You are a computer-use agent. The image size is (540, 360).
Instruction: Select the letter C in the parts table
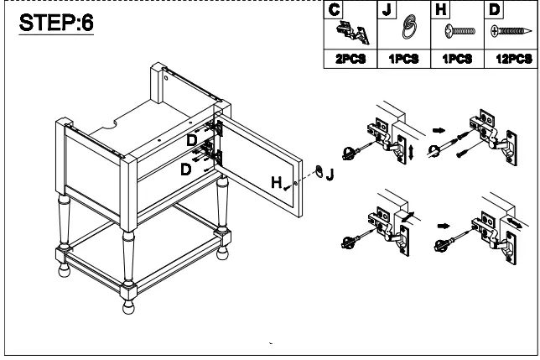(x=335, y=10)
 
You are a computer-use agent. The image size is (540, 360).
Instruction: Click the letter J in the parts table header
(x=387, y=10)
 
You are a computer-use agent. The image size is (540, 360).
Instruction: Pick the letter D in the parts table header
(x=494, y=10)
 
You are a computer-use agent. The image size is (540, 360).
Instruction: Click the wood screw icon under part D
(x=511, y=34)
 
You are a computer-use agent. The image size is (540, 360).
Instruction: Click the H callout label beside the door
(x=275, y=181)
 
